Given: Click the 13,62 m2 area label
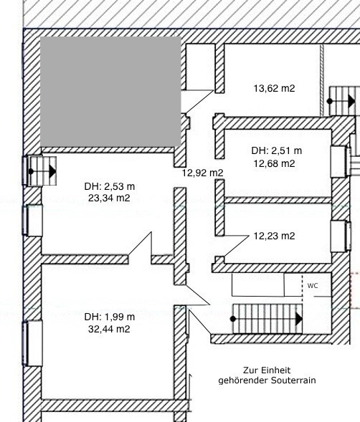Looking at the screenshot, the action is tap(275, 89).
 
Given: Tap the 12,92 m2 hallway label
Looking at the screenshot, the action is tap(203, 173).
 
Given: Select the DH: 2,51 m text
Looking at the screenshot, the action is tap(277, 150).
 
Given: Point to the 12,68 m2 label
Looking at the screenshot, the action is tap(275, 163).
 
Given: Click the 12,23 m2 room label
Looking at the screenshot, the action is tap(275, 236).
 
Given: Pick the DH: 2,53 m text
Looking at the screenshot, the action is tap(110, 186).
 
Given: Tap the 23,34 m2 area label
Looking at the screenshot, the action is tap(109, 198).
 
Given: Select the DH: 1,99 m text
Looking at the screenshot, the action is tap(110, 317).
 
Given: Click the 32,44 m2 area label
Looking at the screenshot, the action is tap(109, 329).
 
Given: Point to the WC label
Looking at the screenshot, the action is tap(313, 286).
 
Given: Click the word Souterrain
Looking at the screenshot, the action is tap(293, 380).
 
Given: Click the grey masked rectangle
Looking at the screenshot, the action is tap(110, 92).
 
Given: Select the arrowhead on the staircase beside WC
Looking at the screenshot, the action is tap(299, 320).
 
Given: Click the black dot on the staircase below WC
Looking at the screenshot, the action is tap(233, 319).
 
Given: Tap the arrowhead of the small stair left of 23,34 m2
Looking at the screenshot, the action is tap(52, 171).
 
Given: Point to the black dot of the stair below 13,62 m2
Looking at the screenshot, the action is tap(330, 101).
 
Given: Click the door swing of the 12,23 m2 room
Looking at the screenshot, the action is tap(235, 246).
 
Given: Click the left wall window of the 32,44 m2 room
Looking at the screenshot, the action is tap(32, 343).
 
